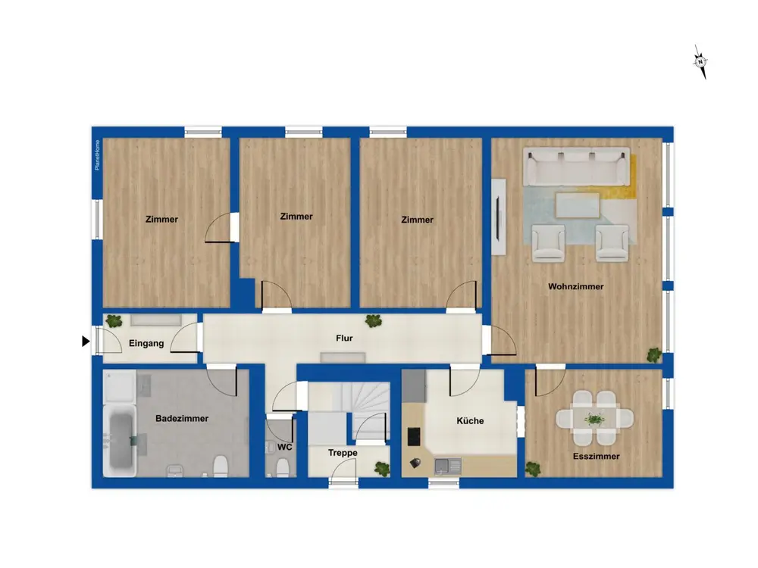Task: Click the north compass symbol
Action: click(x=700, y=62)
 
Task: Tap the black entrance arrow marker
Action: click(x=86, y=342)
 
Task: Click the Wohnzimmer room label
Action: click(x=576, y=286)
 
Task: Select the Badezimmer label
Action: click(x=182, y=419)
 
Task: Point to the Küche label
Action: click(x=470, y=420)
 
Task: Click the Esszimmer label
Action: click(x=596, y=457)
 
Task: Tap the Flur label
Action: click(x=344, y=338)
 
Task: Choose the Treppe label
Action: click(x=343, y=453)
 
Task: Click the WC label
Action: click(x=285, y=448)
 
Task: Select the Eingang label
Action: click(x=146, y=343)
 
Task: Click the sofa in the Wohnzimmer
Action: click(x=576, y=167)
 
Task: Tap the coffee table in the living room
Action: click(x=578, y=206)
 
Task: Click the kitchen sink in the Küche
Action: click(x=448, y=466)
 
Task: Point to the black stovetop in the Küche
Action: click(x=415, y=437)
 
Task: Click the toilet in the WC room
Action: click(x=282, y=467)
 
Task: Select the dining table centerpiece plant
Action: click(x=594, y=418)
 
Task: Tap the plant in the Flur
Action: click(x=373, y=320)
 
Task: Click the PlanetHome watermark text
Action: click(x=97, y=155)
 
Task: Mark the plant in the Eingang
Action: click(x=114, y=320)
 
